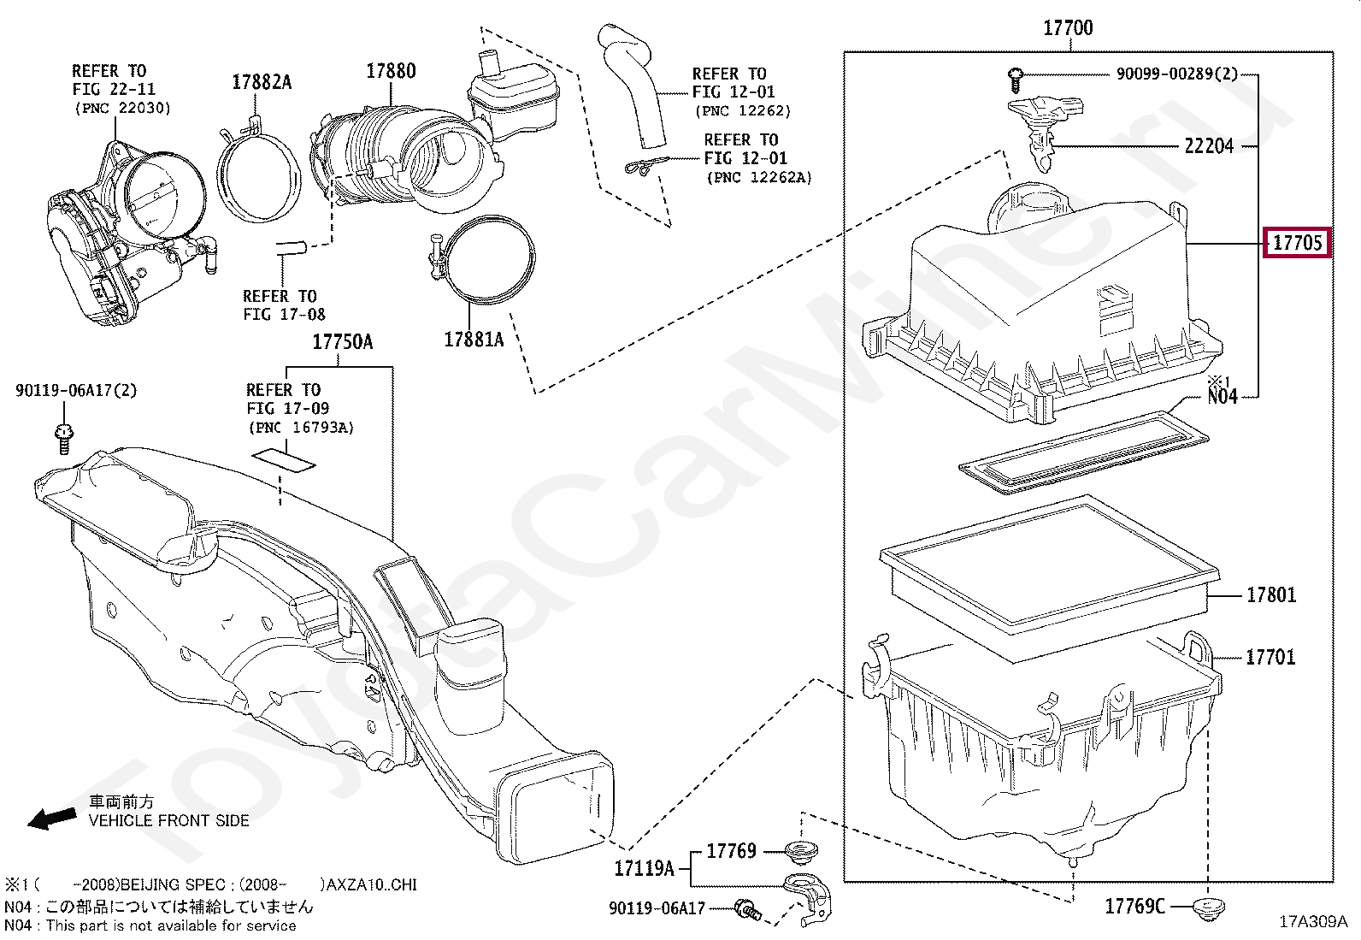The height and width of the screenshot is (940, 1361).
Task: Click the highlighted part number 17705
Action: [1298, 243]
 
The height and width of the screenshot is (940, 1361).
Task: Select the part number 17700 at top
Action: [1068, 28]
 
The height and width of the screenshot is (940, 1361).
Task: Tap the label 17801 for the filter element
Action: [1270, 594]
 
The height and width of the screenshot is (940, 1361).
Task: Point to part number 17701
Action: [1270, 657]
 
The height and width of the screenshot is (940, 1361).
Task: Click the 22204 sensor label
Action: [1209, 146]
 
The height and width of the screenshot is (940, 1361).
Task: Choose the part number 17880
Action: [391, 71]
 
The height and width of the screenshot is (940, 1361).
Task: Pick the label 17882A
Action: [262, 82]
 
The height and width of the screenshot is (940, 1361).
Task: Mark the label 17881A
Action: [474, 340]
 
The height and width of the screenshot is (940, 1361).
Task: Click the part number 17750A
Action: [342, 342]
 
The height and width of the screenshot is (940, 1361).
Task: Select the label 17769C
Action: [1134, 906]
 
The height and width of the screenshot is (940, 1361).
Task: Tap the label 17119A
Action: [644, 869]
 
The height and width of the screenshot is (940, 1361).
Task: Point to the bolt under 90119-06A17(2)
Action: [62, 435]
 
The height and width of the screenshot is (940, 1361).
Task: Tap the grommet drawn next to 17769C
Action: [1206, 908]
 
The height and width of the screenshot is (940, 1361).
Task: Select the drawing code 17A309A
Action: [1312, 922]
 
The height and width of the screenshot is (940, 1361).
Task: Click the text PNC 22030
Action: [123, 108]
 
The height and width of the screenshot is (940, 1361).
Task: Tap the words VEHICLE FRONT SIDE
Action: [169, 820]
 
